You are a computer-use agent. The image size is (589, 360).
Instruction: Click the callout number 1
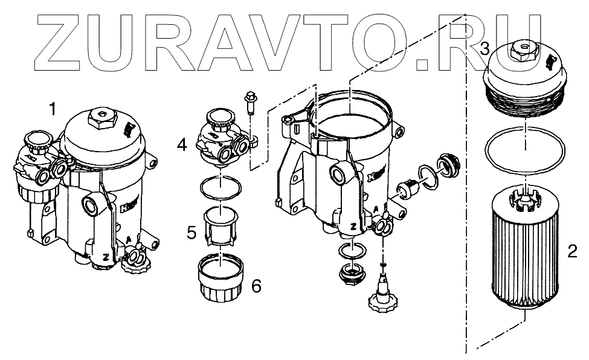(54, 109)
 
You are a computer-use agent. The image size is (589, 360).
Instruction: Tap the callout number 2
(572, 249)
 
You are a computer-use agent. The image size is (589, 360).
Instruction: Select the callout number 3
(484, 50)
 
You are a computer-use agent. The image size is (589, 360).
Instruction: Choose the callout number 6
(256, 286)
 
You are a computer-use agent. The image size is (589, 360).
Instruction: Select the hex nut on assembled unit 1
(100, 117)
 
